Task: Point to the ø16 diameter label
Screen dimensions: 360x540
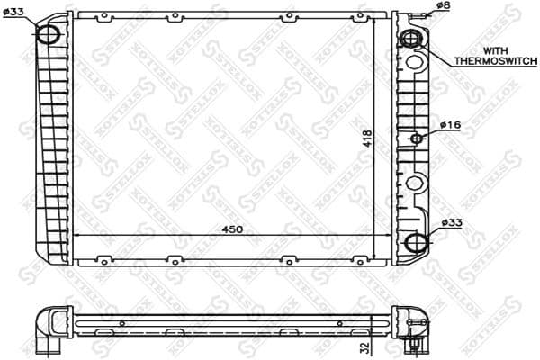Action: click(451, 124)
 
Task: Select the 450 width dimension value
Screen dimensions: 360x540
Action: click(232, 229)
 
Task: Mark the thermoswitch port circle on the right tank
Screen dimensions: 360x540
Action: click(411, 40)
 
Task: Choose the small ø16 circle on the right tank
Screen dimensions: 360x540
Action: click(417, 139)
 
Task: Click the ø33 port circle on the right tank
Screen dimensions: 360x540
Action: click(415, 243)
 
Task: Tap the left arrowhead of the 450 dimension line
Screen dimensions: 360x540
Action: click(76, 235)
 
